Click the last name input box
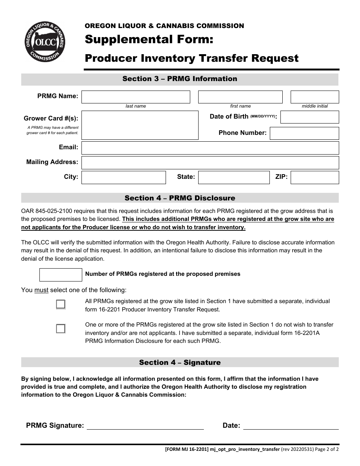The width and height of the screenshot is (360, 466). pyautogui.click(x=136, y=97)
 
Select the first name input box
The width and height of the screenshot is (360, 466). pyautogui.click(x=240, y=97)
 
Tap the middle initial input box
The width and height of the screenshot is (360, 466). pyautogui.click(x=315, y=97)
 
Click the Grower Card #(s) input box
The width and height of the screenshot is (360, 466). pyautogui.click(x=140, y=125)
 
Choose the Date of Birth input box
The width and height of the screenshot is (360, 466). pyautogui.click(x=310, y=117)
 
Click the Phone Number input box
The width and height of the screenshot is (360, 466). pyautogui.click(x=304, y=133)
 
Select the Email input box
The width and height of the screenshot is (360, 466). pyautogui.click(x=210, y=148)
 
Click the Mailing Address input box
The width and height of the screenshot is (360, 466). pyautogui.click(x=210, y=163)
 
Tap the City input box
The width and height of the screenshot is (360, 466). pyautogui.click(x=124, y=177)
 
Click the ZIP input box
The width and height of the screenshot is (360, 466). pyautogui.click(x=315, y=177)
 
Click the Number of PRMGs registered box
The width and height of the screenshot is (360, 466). pyautogui.click(x=61, y=275)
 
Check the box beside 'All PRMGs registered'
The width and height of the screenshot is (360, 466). pyautogui.click(x=61, y=305)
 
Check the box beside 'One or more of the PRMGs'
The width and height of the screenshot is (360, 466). pyautogui.click(x=61, y=328)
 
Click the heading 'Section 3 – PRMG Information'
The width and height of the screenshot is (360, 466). pyautogui.click(x=180, y=79)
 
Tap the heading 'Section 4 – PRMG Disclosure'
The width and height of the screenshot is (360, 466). pyautogui.click(x=180, y=198)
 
